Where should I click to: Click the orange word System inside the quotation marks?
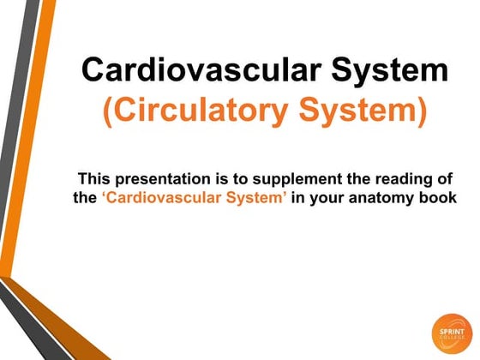pos(254,200)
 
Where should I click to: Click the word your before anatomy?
pos(333,200)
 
